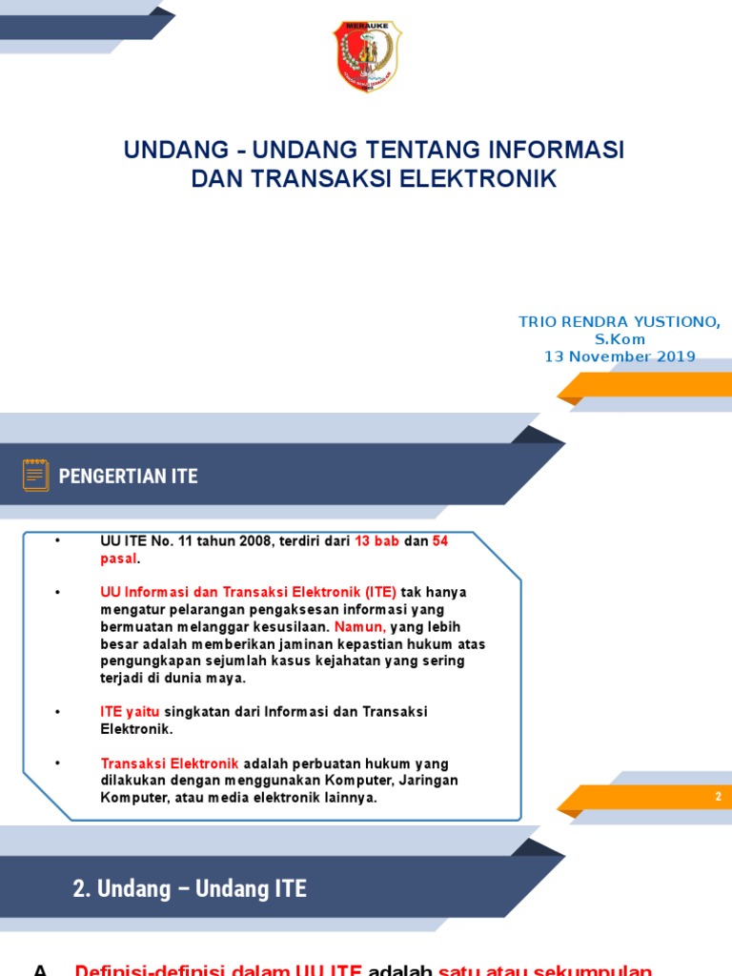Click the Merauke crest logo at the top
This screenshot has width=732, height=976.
coord(367,57)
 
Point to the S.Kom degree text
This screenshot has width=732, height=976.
coord(620,339)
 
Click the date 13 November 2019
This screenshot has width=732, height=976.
coord(620,356)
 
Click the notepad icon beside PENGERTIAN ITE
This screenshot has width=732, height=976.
coord(36,475)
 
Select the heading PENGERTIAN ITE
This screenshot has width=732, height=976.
coord(129,476)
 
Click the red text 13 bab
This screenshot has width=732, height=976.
coord(376,541)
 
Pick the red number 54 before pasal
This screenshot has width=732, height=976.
coord(439,541)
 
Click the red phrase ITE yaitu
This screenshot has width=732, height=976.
coord(131,712)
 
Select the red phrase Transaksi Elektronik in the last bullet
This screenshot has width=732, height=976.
coord(170,763)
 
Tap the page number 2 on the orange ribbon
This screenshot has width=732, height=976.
coord(719,797)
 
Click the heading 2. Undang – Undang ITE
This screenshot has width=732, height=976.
coord(190,889)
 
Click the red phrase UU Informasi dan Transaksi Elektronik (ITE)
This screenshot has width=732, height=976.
coord(248,592)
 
